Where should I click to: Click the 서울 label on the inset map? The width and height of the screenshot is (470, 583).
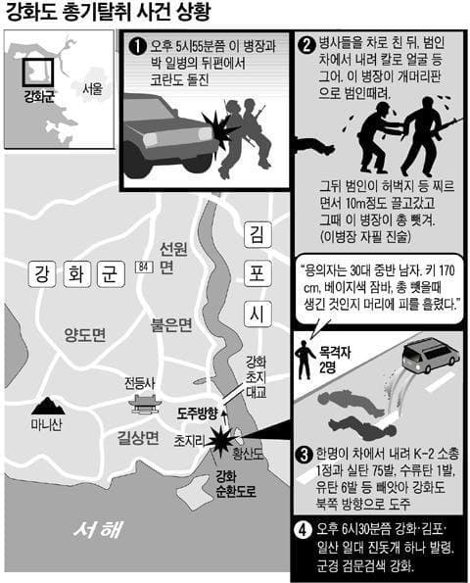92,89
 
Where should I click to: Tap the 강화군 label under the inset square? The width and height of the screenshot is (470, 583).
39,96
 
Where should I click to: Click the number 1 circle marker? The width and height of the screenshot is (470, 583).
137,47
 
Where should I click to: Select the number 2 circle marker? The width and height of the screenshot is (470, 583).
306,45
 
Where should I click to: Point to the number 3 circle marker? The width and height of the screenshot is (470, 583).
305,455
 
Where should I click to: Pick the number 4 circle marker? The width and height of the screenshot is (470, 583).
304,529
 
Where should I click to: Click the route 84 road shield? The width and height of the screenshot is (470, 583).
144,267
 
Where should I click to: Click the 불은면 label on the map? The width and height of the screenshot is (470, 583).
171,324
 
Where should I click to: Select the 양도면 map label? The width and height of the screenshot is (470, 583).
85,335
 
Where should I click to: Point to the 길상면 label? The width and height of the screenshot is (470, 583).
138,438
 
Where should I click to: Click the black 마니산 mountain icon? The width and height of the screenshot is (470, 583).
48,406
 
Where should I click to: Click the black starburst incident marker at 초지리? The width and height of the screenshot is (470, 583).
220,441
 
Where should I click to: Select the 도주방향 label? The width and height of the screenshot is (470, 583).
197,413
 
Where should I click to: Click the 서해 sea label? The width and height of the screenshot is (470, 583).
99,529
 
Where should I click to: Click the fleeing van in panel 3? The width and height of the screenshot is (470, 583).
430,356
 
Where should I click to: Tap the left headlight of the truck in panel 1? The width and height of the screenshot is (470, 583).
150,139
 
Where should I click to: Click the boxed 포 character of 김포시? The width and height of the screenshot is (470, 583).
258,274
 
